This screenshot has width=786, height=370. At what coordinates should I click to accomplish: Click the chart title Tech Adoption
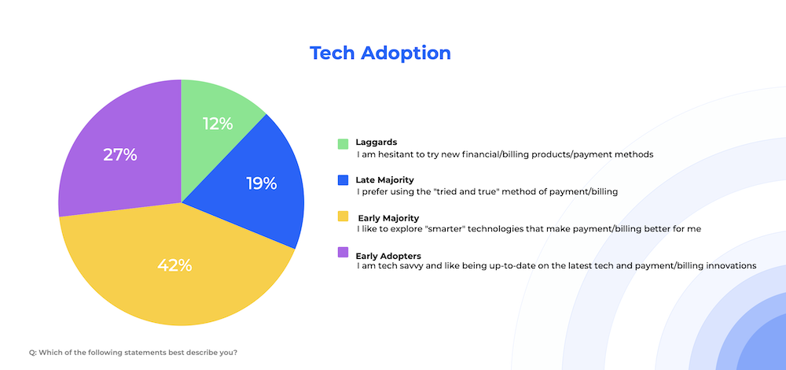click(x=380, y=53)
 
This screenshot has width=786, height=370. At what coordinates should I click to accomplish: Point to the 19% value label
click(x=261, y=183)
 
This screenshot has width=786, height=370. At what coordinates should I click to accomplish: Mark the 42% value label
click(x=174, y=265)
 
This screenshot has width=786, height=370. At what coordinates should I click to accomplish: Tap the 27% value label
click(x=119, y=154)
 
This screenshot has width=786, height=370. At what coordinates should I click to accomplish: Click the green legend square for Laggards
click(x=343, y=143)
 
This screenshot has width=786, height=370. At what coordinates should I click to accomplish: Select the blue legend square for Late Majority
click(x=343, y=180)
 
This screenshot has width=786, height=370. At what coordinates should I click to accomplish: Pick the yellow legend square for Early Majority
click(x=343, y=216)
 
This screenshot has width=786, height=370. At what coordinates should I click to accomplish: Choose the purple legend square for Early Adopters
click(x=343, y=253)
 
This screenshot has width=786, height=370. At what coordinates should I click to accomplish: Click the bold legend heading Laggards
click(x=376, y=142)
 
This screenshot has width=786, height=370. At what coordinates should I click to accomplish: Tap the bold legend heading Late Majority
click(x=384, y=179)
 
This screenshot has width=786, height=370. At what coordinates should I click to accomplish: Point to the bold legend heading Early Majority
click(x=388, y=217)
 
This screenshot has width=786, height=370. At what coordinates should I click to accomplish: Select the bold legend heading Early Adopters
click(x=388, y=255)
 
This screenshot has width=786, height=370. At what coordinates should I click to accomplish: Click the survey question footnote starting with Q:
click(x=133, y=352)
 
